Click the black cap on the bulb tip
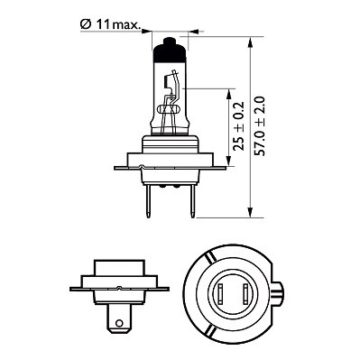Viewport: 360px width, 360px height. [169, 52]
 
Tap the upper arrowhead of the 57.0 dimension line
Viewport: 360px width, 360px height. [250, 41]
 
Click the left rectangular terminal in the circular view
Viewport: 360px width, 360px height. [221, 295]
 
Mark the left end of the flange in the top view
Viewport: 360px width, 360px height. [115, 166]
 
